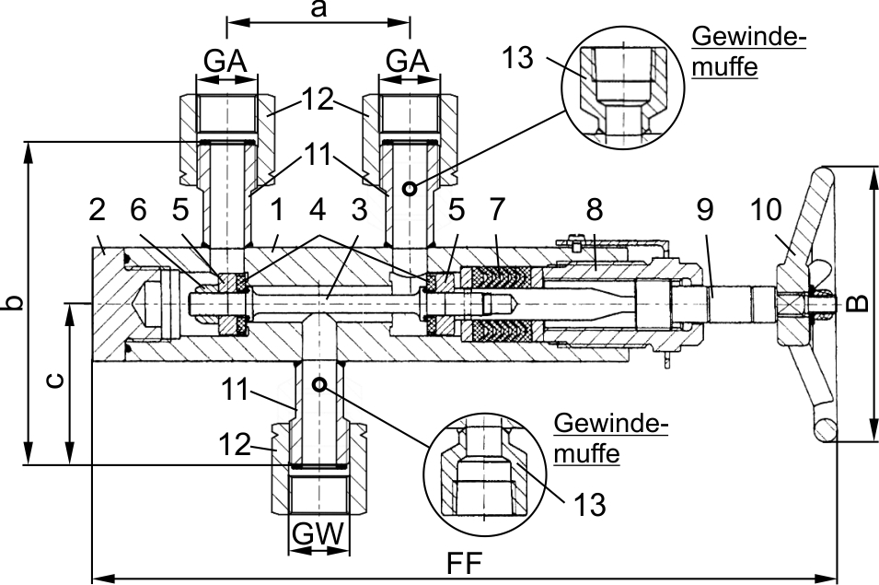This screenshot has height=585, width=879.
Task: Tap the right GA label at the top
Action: click(x=408, y=62)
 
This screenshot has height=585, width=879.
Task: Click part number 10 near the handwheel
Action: click(x=769, y=209)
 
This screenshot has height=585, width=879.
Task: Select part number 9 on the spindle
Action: click(x=703, y=209)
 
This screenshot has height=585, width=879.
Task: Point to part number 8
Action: click(x=594, y=209)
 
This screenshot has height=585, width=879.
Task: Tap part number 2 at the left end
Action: click(x=98, y=209)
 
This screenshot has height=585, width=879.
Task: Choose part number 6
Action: click(x=138, y=209)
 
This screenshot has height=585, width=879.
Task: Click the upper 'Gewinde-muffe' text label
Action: click(x=748, y=52)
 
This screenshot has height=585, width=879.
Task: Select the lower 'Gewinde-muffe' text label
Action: click(x=610, y=439)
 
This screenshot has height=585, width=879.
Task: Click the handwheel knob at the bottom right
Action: click(x=824, y=429)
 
